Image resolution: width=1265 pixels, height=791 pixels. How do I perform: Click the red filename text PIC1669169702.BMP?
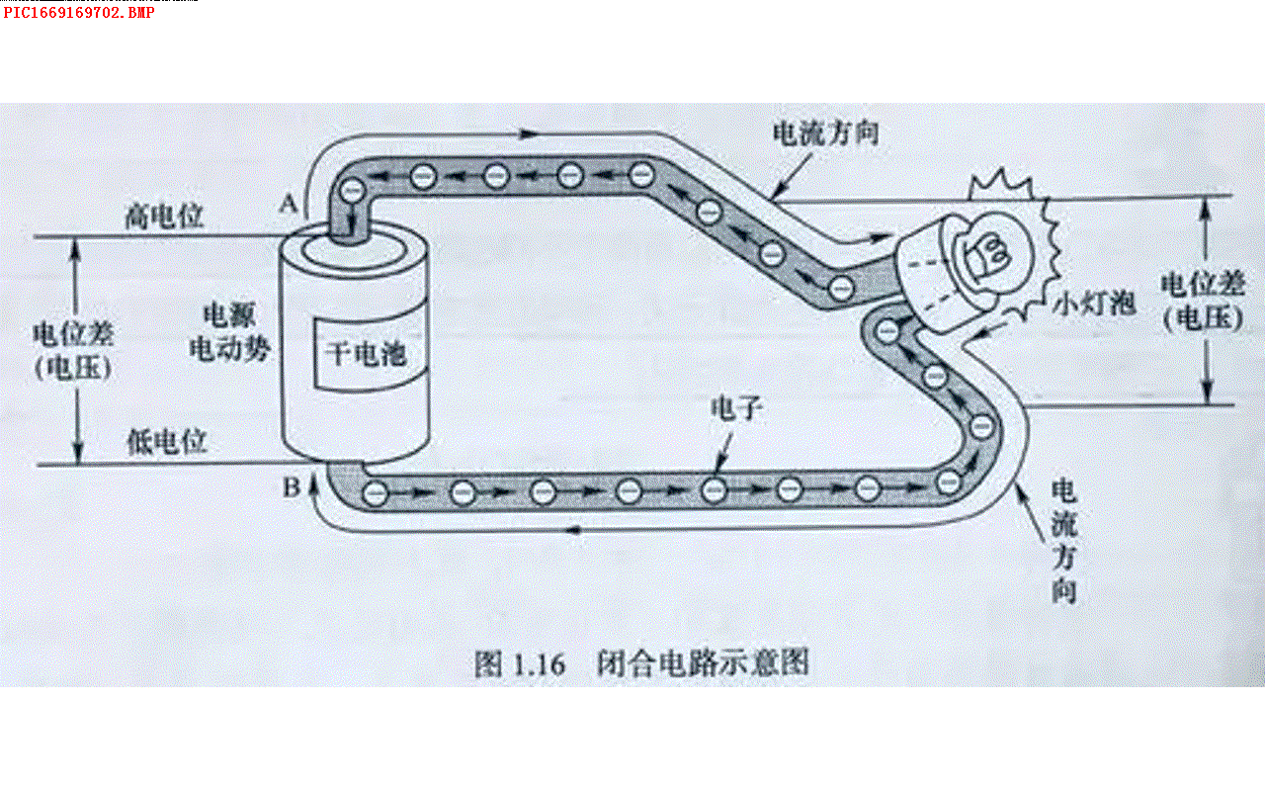click(x=79, y=13)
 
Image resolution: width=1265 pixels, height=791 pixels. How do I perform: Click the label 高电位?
click(x=164, y=217)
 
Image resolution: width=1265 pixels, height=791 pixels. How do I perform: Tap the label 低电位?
click(x=167, y=441)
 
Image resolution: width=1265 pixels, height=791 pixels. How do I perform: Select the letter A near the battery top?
click(x=289, y=204)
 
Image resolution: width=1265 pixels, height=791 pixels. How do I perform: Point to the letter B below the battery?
click(x=291, y=486)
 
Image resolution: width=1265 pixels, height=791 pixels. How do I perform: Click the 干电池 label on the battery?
click(x=366, y=353)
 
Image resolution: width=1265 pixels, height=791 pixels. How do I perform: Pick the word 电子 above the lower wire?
click(x=733, y=408)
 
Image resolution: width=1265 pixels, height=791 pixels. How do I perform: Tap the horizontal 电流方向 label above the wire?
click(x=824, y=133)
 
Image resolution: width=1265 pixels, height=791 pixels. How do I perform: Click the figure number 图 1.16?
click(x=519, y=663)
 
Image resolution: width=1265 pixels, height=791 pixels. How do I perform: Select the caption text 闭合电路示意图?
click(x=703, y=662)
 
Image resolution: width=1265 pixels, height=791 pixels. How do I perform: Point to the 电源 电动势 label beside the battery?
click(x=229, y=332)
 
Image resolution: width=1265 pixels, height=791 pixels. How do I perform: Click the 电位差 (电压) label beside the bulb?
click(x=1201, y=301)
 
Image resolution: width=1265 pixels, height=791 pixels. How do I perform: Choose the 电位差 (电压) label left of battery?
click(x=73, y=350)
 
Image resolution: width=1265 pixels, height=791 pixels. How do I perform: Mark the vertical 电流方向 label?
click(x=1063, y=542)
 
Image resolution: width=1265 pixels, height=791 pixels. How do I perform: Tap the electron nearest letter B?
click(x=375, y=491)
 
